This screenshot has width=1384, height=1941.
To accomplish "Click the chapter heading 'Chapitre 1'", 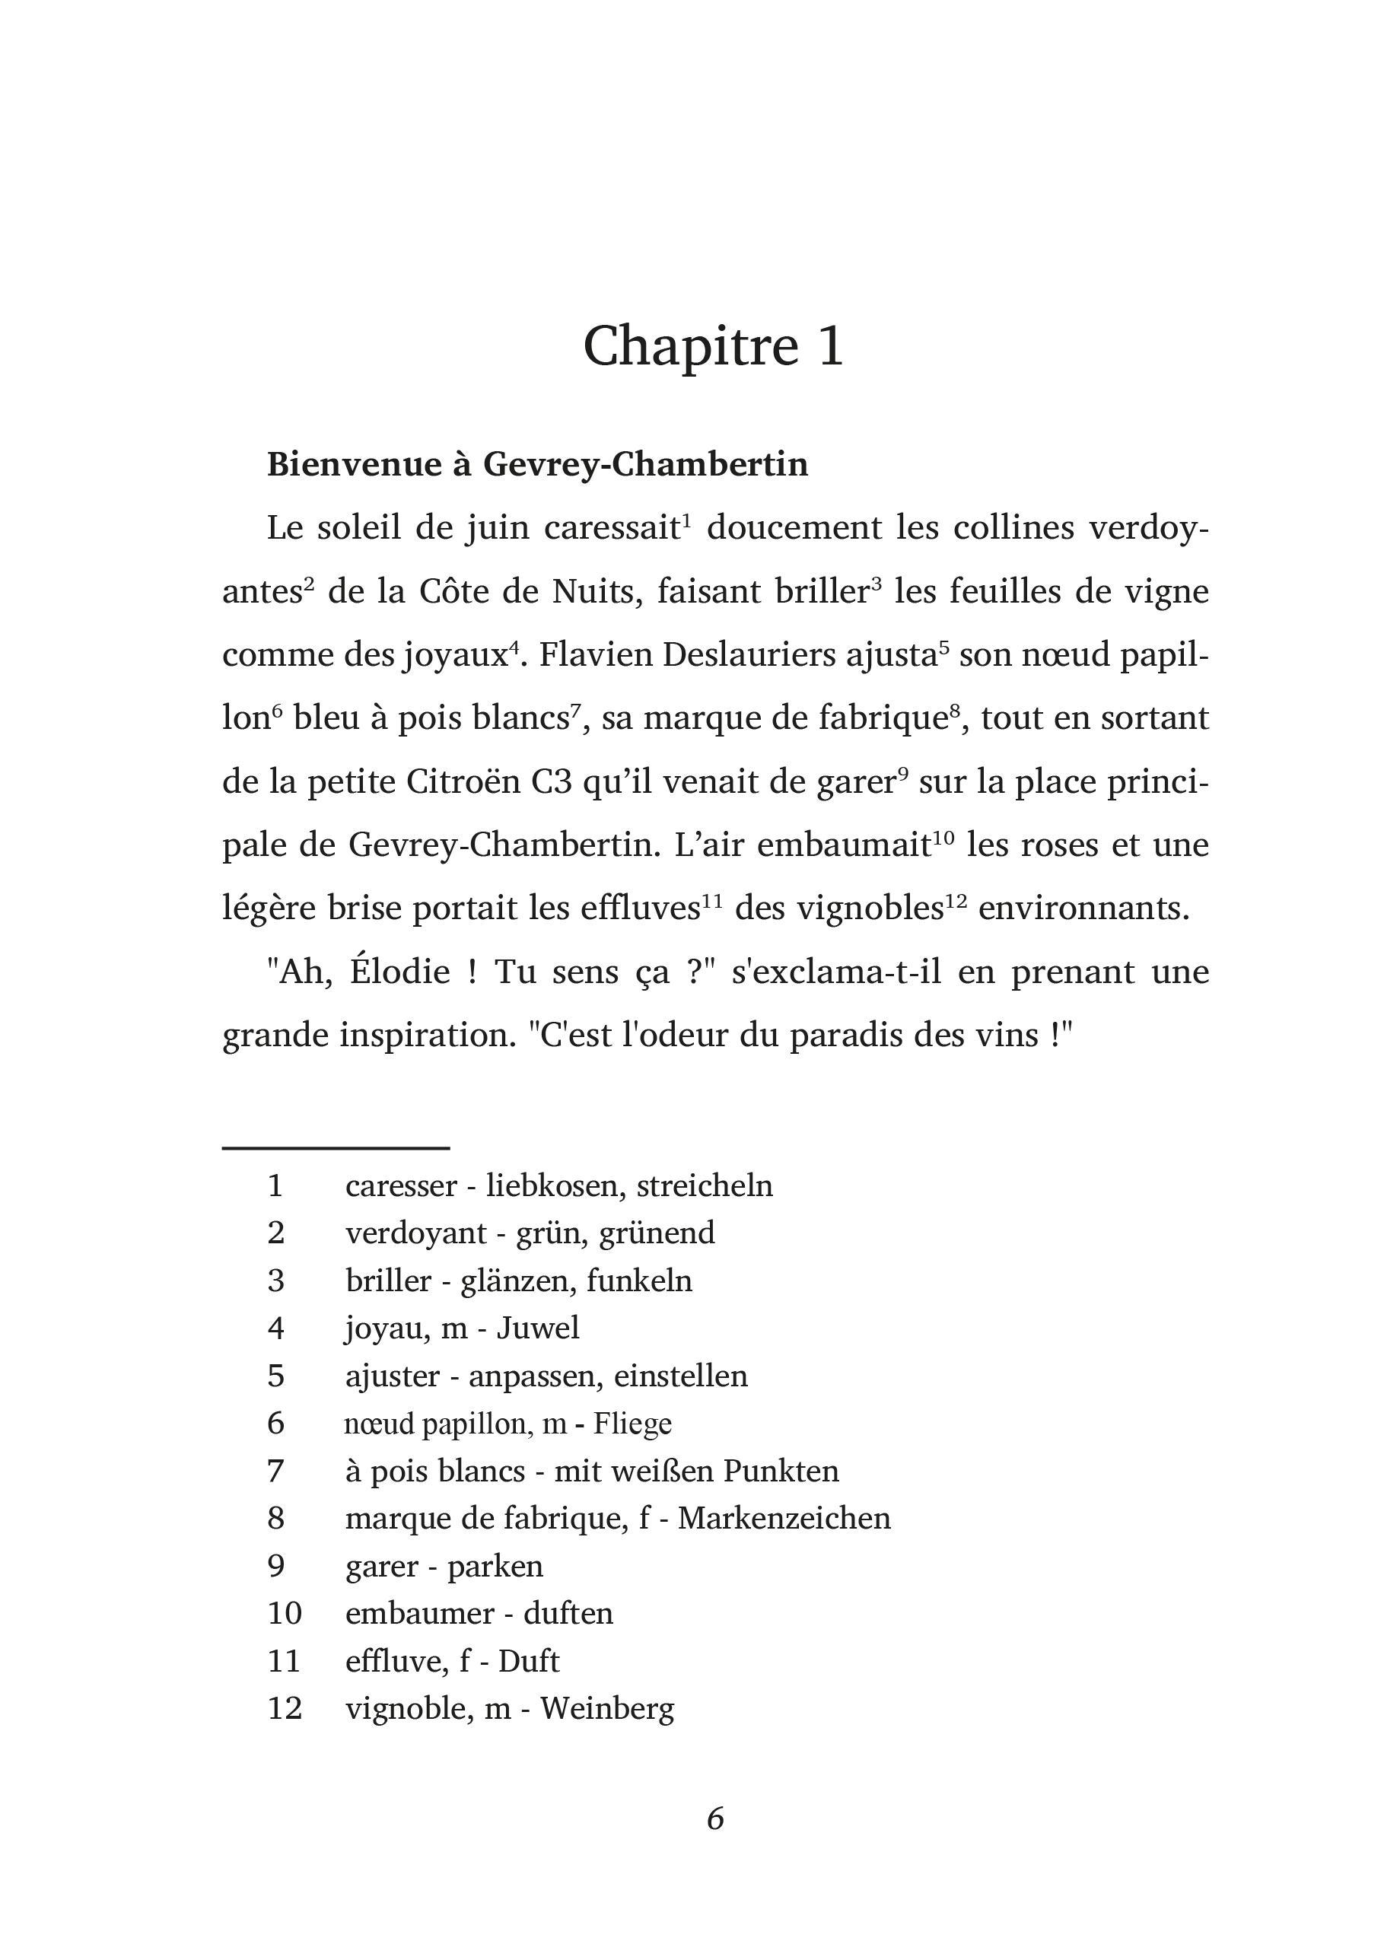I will [x=714, y=346].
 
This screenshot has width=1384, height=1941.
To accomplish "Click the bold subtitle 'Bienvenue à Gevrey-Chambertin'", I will [x=537, y=464].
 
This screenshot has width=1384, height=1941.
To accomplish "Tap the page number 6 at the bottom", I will [x=715, y=1818].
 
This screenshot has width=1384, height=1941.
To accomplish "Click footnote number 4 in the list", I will [x=275, y=1328].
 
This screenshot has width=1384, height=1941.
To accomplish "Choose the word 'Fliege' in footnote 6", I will [x=632, y=1424].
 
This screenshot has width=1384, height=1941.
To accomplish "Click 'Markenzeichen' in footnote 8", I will [x=784, y=1519].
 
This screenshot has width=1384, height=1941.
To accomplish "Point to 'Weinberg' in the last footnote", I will [x=606, y=1708].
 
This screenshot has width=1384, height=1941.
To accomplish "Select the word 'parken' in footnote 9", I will [x=495, y=1566].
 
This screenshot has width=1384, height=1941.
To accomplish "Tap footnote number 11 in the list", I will [x=284, y=1661].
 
